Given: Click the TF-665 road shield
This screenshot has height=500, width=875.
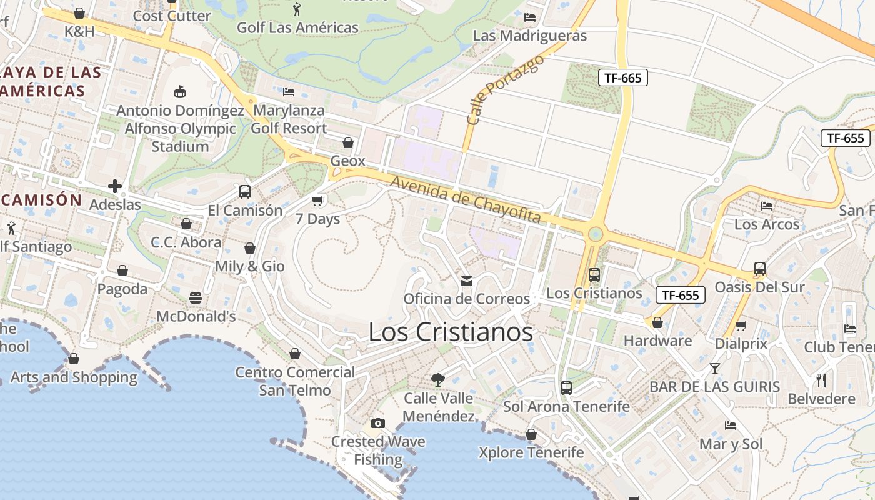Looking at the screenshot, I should point(622,77).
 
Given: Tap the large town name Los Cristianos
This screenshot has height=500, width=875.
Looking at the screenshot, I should point(451,332).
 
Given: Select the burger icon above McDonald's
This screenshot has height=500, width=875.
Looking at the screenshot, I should point(196,298).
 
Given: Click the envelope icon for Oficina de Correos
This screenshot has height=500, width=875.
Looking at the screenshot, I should point(467,281).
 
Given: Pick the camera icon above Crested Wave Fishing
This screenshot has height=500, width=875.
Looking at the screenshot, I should point(377,424).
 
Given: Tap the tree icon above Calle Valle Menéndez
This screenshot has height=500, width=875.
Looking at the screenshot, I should point(438,379).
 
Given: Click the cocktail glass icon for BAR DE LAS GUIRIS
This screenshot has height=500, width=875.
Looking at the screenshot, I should point(715,369).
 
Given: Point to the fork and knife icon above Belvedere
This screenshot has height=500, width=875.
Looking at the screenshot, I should point(821,380).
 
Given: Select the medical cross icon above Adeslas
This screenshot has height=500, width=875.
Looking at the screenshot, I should point(115,186).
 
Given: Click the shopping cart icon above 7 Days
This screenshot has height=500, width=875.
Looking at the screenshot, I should point(317,201).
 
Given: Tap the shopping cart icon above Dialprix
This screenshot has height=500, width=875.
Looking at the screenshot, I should point(741,326).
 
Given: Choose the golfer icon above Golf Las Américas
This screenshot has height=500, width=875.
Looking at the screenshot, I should point(297,9).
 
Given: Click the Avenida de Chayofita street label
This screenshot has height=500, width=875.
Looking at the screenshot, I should point(466,200).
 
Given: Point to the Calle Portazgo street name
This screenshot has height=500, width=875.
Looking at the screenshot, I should point(506,88).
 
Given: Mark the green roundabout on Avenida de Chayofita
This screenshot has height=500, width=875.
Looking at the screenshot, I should point(596,234).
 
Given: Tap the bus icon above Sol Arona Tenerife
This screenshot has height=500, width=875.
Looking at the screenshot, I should point(566,388).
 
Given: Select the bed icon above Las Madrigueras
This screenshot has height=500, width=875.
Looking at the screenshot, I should point(530,17).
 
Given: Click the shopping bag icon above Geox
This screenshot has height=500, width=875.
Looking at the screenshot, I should point(348,142).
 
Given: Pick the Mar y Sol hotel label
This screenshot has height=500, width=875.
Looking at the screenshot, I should point(731,444).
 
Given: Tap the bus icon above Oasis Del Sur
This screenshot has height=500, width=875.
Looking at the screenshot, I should point(760,269).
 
